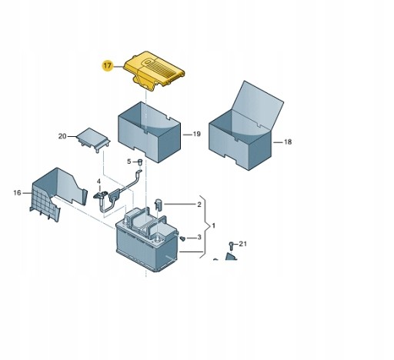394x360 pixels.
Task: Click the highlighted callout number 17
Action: [108, 65]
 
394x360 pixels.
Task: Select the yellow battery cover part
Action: [155, 70]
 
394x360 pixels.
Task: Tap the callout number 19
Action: [196, 134]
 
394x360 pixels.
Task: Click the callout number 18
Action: [288, 142]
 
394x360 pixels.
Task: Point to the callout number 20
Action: [62, 136]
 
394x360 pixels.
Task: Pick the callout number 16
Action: [17, 193]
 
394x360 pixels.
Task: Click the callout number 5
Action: [129, 162]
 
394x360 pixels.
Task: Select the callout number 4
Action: [98, 182]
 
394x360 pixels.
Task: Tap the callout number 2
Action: [199, 205]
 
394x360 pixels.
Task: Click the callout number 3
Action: [199, 238]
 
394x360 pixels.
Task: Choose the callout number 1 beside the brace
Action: [213, 226]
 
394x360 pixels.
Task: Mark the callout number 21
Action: [242, 244]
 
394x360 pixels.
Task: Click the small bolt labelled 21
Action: [231, 246]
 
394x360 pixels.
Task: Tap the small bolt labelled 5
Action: [140, 162]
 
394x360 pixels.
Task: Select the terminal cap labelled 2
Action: [159, 205]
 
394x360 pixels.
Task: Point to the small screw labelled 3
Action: [182, 238]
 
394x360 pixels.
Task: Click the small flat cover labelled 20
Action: [93, 140]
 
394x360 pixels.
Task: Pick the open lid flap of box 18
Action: [258, 106]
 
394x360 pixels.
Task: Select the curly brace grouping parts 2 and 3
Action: [205, 227]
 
